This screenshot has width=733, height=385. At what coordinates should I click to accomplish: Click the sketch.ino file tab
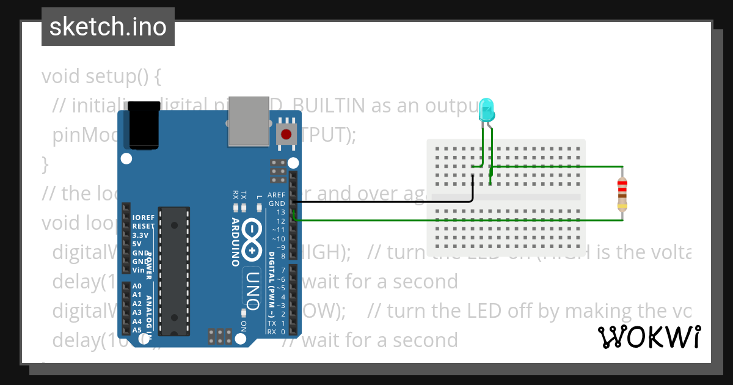pyautogui.click(x=108, y=27)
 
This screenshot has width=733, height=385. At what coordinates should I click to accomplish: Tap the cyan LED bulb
pyautogui.click(x=486, y=109)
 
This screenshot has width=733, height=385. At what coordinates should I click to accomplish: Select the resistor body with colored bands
pyautogui.click(x=622, y=193)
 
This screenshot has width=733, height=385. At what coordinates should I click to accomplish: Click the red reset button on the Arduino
pyautogui.click(x=285, y=133)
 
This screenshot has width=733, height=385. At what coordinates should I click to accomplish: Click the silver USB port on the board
pyautogui.click(x=249, y=121)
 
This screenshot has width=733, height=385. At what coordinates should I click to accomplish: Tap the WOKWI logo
pyautogui.click(x=649, y=337)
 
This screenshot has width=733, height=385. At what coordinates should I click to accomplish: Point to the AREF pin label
pyautogui.click(x=276, y=195)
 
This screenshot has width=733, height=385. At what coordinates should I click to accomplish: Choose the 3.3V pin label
pyautogui.click(x=140, y=235)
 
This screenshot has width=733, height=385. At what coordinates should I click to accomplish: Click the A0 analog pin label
pyautogui.click(x=137, y=286)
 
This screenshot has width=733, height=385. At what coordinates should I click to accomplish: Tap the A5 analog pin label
pyautogui.click(x=137, y=330)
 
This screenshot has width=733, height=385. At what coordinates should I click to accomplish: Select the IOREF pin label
pyautogui.click(x=143, y=217)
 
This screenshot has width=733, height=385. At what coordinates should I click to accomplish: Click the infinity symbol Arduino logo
pyautogui.click(x=252, y=240)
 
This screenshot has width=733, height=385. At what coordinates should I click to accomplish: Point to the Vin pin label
pyautogui.click(x=138, y=269)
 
